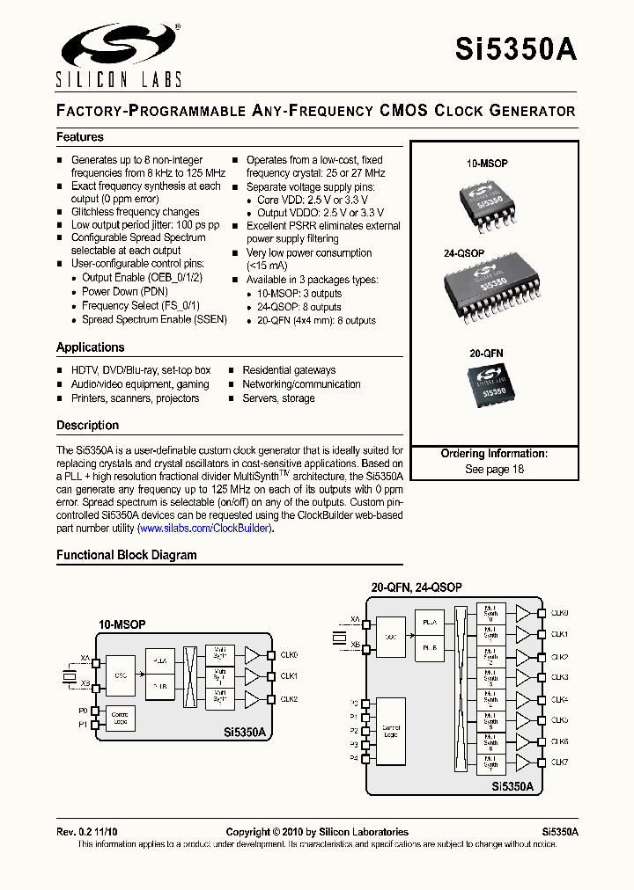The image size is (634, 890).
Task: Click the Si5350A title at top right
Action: coord(516,50)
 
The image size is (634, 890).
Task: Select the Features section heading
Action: coord(80,137)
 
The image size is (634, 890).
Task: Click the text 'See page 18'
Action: coord(494,469)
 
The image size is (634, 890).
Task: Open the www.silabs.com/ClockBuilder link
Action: coord(204,529)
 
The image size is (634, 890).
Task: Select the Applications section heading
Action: coord(91,347)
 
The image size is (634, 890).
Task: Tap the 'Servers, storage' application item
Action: coord(278,398)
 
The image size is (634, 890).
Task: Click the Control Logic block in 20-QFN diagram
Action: coord(390,730)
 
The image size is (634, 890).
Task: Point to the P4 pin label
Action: coord(353,758)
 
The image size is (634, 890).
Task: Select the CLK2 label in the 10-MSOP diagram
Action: coord(290,699)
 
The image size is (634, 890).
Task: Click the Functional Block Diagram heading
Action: coord(127,555)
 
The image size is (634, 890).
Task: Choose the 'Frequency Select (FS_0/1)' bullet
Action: coord(141,305)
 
